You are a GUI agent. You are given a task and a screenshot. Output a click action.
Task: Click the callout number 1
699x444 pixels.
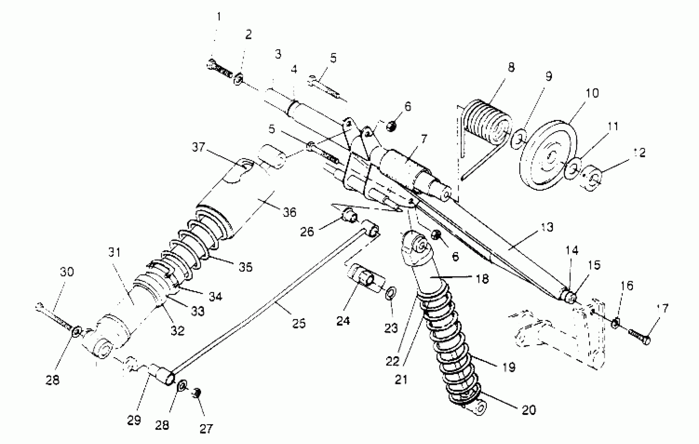tap(219, 17)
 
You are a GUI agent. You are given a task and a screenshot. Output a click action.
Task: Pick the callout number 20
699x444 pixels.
tap(529, 410)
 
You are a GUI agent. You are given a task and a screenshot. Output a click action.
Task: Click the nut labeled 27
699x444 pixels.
tap(197, 394)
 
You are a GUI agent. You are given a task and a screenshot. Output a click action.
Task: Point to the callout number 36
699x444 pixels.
tap(289, 212)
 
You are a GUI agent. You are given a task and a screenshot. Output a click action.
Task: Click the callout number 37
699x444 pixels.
tap(199, 147)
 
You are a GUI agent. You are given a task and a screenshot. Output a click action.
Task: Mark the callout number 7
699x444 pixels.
tap(424, 139)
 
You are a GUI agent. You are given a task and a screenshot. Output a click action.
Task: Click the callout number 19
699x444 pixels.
tap(509, 367)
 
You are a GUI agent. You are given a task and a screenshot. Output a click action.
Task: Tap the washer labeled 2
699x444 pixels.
tap(238, 79)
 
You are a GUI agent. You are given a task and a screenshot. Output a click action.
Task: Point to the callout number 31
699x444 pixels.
tap(114, 252)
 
